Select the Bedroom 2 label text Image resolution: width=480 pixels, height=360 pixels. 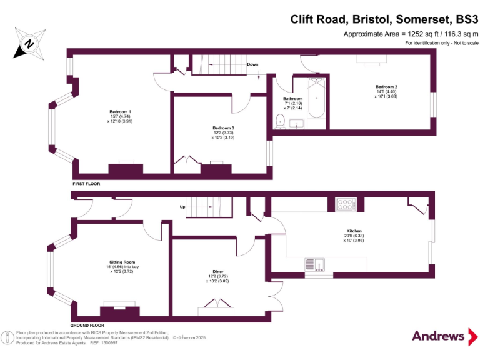click(386, 91)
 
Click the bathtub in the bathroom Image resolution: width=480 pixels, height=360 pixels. click(317, 104)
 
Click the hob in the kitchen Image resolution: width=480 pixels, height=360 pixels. click(346, 203)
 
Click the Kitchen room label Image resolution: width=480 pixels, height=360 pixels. click(354, 235)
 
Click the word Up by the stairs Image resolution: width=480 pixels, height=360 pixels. click(182, 207)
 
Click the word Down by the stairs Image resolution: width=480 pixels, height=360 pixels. click(252, 64)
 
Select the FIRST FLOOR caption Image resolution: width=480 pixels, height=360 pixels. click(86, 184)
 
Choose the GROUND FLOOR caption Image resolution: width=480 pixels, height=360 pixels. click(87, 326)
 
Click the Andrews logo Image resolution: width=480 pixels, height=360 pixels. click(439, 336)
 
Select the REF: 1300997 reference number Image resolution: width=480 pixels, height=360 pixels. click(106, 342)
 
